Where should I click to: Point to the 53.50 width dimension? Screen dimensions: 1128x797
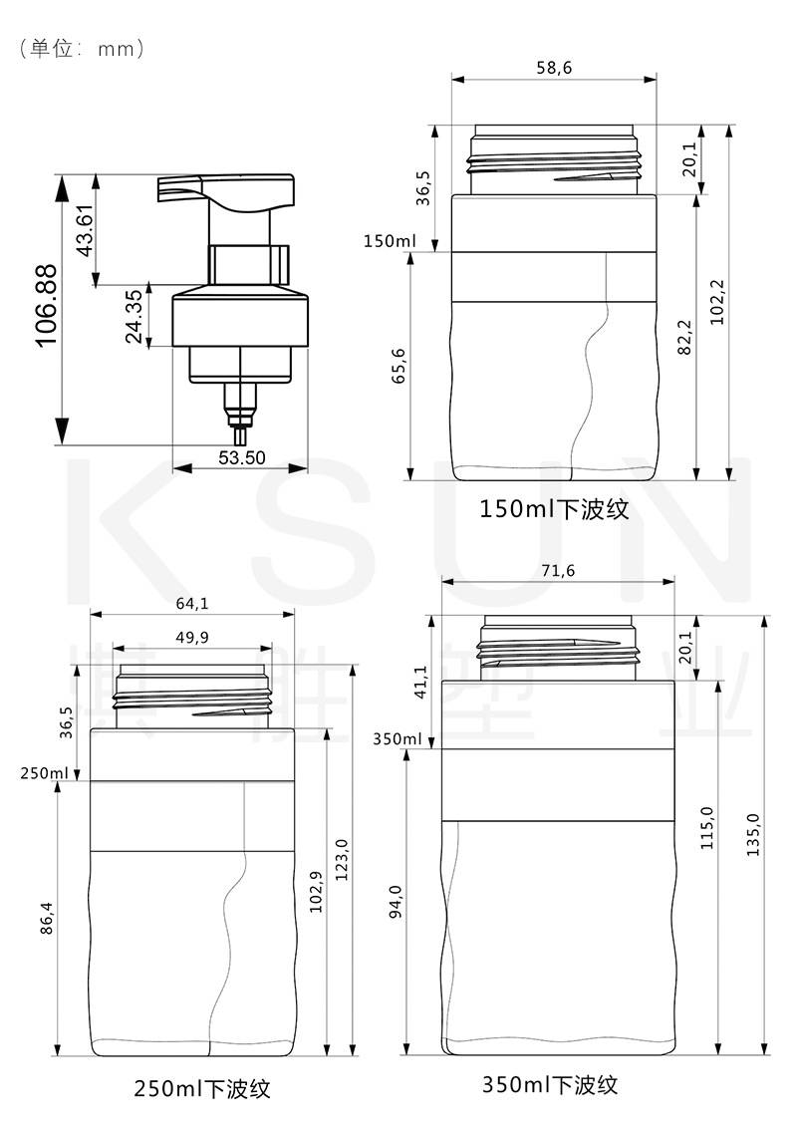pyautogui.click(x=241, y=457)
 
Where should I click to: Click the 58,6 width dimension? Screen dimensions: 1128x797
pyautogui.click(x=554, y=68)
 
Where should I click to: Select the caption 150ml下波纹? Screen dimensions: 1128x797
pyautogui.click(x=554, y=508)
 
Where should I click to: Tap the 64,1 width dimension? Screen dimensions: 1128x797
pyautogui.click(x=192, y=603)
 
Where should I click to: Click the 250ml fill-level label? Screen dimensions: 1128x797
pyautogui.click(x=45, y=773)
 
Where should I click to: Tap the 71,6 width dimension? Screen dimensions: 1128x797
pyautogui.click(x=558, y=571)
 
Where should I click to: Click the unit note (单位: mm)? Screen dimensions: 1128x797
pyautogui.click(x=83, y=48)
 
